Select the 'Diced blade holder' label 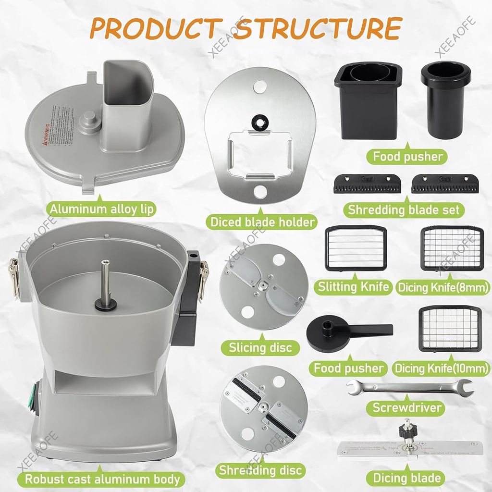262,221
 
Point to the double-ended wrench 409,387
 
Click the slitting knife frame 356,248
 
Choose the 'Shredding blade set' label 404,210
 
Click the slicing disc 263,287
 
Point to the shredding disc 263,409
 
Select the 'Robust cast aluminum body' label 102,479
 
